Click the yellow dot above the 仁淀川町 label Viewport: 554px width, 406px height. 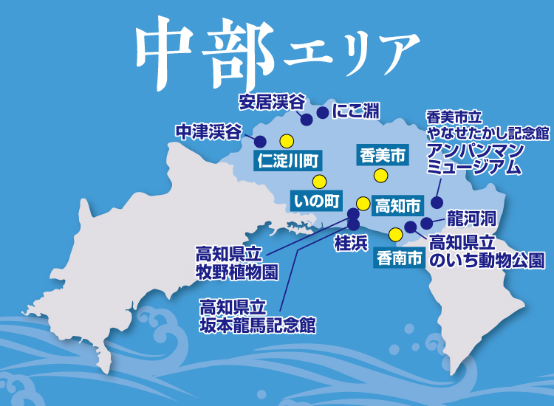click(x=287, y=141)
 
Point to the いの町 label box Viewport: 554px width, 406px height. click(x=318, y=200)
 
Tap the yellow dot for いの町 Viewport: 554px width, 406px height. click(x=318, y=182)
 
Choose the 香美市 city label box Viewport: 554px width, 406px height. click(x=383, y=155)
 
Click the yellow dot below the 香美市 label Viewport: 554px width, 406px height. click(x=380, y=176)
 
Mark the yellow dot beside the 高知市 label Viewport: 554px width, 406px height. click(x=363, y=203)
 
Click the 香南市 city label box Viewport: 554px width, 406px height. click(x=399, y=258)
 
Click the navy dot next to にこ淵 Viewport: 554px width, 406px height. click(x=322, y=113)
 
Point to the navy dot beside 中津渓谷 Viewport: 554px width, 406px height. click(x=260, y=141)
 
